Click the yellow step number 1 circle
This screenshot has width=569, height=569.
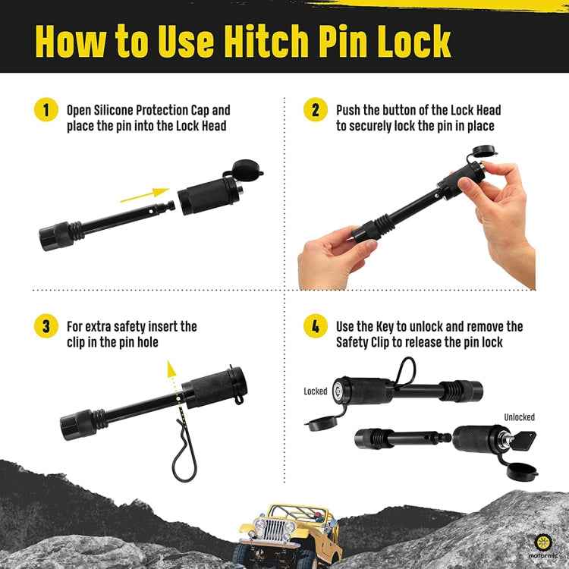(x=46, y=110)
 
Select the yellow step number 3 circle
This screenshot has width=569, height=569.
(x=46, y=326)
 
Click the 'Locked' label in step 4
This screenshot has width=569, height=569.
(x=316, y=391)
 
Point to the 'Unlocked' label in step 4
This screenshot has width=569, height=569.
(x=519, y=417)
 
